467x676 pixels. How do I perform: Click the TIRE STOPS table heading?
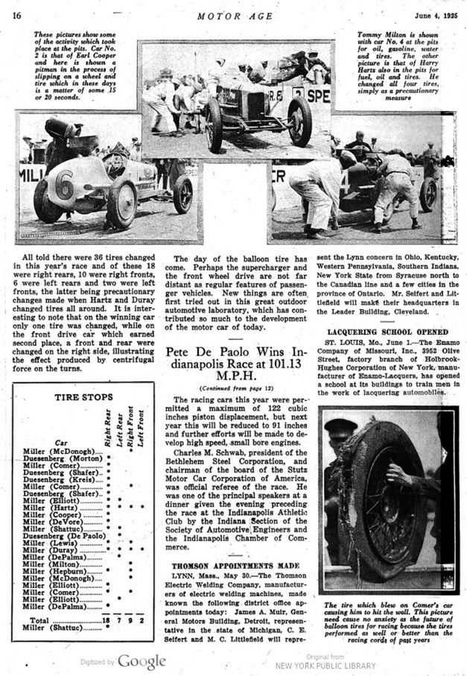pyautogui.click(x=85, y=397)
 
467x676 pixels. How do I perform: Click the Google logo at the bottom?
pyautogui.click(x=139, y=660)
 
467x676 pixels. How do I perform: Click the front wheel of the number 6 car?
pyautogui.click(x=121, y=203)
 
